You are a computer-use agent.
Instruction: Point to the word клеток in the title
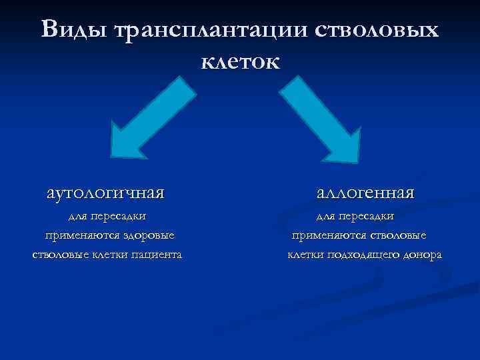click(240, 61)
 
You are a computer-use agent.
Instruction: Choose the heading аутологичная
click(106, 193)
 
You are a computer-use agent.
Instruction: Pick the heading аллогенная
click(365, 193)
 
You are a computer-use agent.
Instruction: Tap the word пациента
click(156, 255)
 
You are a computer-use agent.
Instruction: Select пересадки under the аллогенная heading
click(365, 216)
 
